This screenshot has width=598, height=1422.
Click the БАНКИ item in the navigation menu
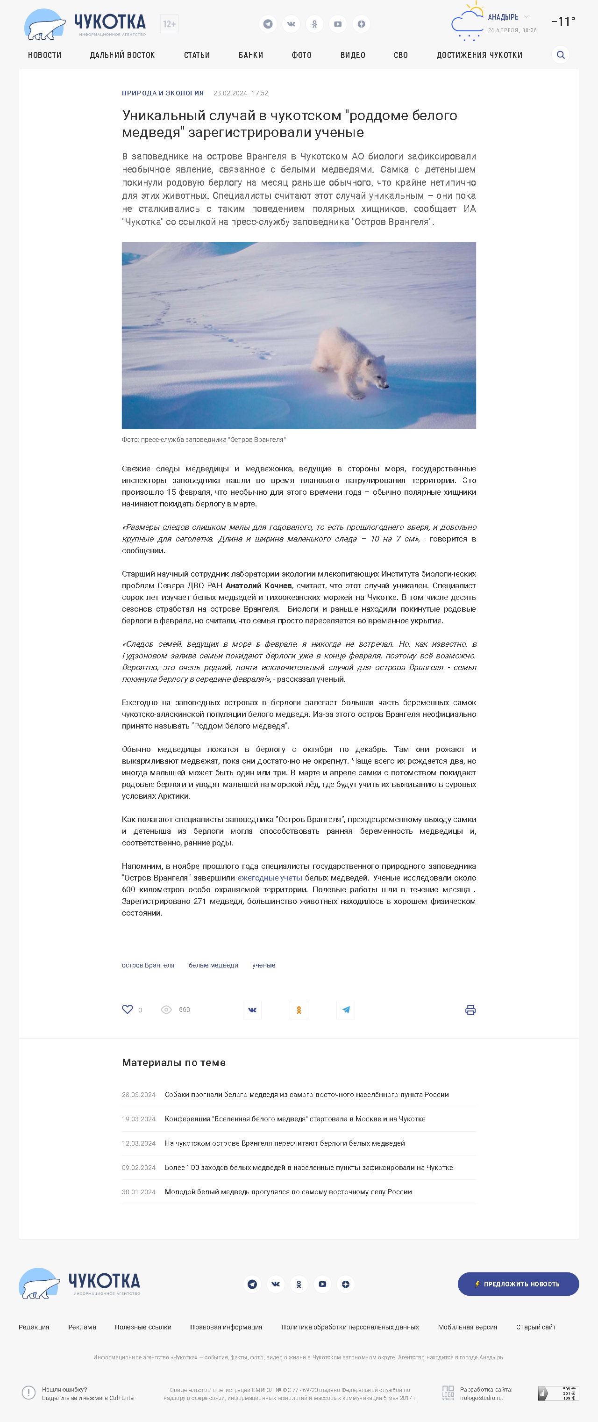250,55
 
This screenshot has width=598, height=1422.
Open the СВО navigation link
400,55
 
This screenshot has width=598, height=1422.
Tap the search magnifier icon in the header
561,55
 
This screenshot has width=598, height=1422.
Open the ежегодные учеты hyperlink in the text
270,878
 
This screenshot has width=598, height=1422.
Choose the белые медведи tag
213,966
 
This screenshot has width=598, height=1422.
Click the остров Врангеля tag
148,966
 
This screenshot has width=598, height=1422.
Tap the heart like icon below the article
128,1009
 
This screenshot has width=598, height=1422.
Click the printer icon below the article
470,1010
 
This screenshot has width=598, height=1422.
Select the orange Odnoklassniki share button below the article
299,1010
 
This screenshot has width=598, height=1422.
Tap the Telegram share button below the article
345,1010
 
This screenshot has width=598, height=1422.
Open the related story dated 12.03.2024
285,1143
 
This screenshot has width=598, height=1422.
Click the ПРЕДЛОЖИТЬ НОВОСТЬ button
518,1284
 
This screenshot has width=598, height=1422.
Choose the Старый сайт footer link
535,1327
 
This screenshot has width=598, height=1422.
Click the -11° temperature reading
563,22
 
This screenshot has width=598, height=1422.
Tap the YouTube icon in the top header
338,24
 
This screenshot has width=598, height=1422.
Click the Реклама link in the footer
82,1327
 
